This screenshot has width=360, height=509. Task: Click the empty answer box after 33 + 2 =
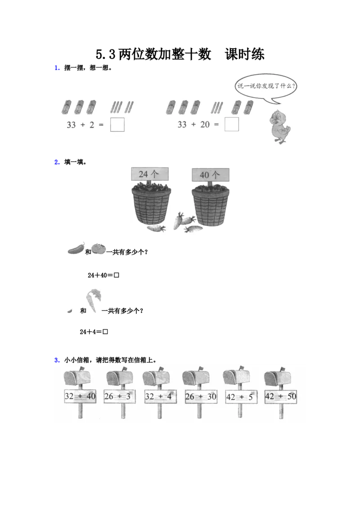click(117, 125)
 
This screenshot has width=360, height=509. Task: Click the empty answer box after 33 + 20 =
click(231, 125)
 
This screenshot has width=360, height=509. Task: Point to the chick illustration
click(280, 127)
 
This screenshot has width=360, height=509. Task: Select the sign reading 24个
click(150, 174)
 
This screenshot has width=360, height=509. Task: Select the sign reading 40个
click(210, 174)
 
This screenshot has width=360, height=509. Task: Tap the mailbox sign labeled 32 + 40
click(80, 397)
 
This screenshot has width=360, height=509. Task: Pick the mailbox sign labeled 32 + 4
click(158, 397)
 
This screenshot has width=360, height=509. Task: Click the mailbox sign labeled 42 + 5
click(238, 397)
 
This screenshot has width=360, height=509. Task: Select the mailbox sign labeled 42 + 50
click(280, 397)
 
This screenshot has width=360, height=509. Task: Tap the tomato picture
click(99, 248)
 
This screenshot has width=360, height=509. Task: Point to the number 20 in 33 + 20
click(205, 125)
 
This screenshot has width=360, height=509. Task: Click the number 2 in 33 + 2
click(92, 125)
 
